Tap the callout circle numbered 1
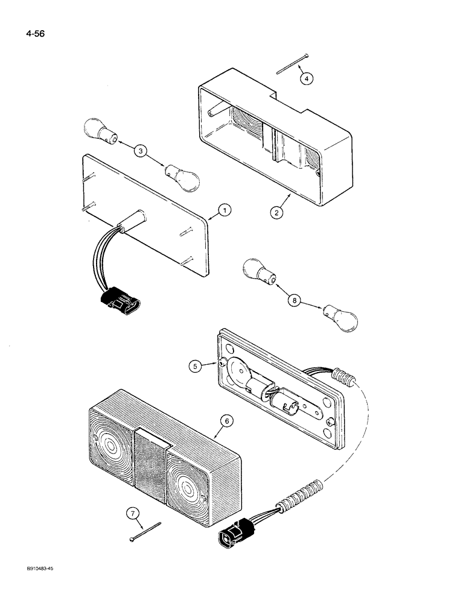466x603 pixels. [x=224, y=210]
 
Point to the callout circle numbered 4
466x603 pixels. [x=307, y=78]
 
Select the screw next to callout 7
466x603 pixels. [x=146, y=530]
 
